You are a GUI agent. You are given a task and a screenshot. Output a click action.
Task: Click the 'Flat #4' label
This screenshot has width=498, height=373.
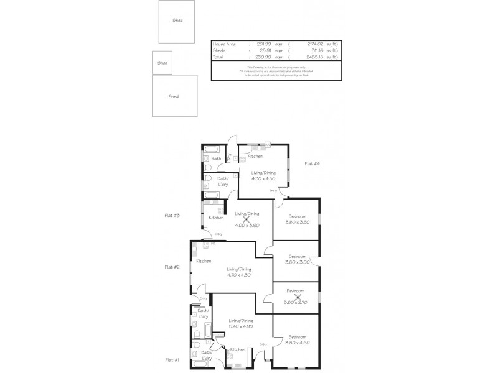click(x=312, y=163)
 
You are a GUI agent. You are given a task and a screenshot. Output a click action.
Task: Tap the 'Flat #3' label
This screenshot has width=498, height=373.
click(x=172, y=216)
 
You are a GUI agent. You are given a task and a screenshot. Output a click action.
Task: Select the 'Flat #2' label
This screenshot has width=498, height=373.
click(x=172, y=267)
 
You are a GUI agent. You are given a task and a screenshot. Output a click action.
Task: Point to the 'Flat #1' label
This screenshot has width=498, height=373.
click(x=172, y=360)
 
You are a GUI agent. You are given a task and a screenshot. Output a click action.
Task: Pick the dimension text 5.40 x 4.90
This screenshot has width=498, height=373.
click(x=241, y=325)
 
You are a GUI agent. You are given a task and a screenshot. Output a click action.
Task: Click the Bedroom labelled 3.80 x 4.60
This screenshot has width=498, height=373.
click(x=296, y=343)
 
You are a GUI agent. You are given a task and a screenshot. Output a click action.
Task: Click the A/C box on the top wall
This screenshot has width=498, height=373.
click(x=267, y=144)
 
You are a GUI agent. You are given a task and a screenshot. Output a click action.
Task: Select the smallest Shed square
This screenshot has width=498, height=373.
click(x=162, y=63)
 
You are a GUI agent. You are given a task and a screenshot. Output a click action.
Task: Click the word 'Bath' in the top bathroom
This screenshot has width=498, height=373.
click(x=215, y=159)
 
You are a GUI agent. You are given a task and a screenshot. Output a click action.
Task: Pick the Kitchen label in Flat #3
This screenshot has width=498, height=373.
click(x=216, y=218)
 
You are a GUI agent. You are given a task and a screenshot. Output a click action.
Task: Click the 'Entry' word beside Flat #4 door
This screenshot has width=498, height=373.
click(x=273, y=190)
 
